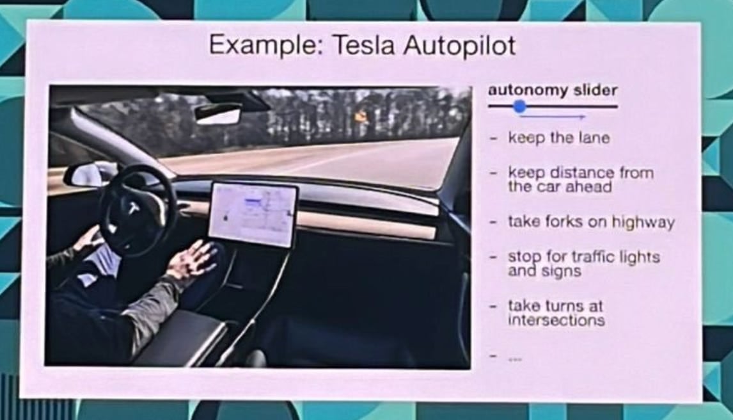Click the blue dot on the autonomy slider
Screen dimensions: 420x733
519,107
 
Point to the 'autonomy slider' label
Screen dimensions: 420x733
553,90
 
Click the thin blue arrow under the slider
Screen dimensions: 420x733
554,118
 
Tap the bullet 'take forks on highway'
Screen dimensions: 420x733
591,222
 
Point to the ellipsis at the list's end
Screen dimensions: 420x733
514,359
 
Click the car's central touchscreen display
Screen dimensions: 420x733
253,214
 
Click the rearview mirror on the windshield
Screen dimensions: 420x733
218,113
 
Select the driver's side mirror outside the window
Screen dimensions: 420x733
90,174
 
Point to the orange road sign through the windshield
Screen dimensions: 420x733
362,117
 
